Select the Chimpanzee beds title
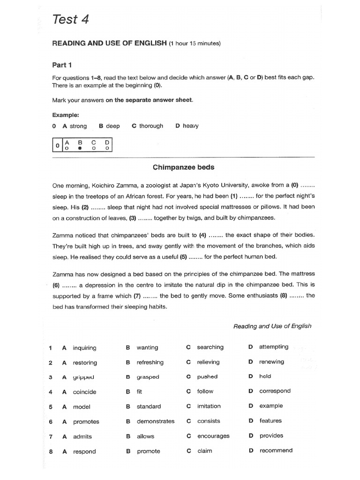tap(183, 166)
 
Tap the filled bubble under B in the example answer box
tap(80, 148)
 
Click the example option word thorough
tap(151, 126)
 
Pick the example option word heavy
tap(191, 126)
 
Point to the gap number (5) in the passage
tap(180, 256)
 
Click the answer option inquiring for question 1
tap(84, 348)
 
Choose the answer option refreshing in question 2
tap(150, 362)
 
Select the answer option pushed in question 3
tap(207, 376)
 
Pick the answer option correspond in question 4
tap(275, 391)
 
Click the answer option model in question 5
tap(82, 407)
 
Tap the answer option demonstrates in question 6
tap(156, 421)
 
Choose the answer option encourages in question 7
tap(213, 436)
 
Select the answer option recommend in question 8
tap(276, 450)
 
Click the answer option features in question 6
tap(270, 421)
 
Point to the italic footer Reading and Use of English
tap(272, 326)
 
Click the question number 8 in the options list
tap(50, 452)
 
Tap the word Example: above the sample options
tap(65, 115)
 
